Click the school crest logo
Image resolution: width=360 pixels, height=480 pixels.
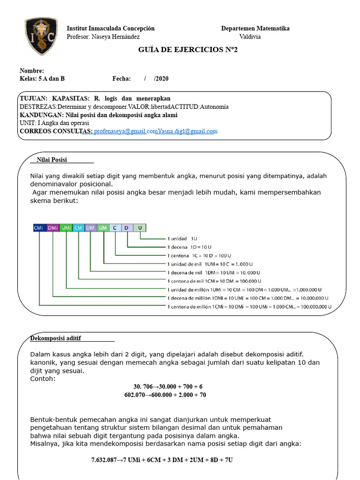click(41, 37)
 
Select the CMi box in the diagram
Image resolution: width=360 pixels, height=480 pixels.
click(39, 228)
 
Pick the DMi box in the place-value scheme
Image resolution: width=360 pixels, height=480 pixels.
click(52, 228)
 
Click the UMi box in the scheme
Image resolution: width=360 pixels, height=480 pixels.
click(66, 228)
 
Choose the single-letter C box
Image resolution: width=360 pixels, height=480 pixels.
click(115, 228)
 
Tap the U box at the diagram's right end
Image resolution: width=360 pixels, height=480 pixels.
click(140, 228)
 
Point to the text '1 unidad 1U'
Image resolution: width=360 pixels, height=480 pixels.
click(182, 238)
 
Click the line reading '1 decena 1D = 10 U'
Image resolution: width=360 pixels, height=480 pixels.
click(189, 247)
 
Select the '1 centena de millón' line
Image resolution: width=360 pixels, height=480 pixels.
click(249, 307)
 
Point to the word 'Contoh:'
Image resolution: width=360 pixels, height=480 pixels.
click(43, 378)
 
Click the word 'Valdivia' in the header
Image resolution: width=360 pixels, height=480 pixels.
click(250, 37)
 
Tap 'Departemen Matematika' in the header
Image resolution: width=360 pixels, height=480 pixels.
click(255, 28)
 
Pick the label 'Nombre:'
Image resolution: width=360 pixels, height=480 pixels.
click(32, 70)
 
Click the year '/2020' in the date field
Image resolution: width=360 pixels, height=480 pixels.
click(161, 79)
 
